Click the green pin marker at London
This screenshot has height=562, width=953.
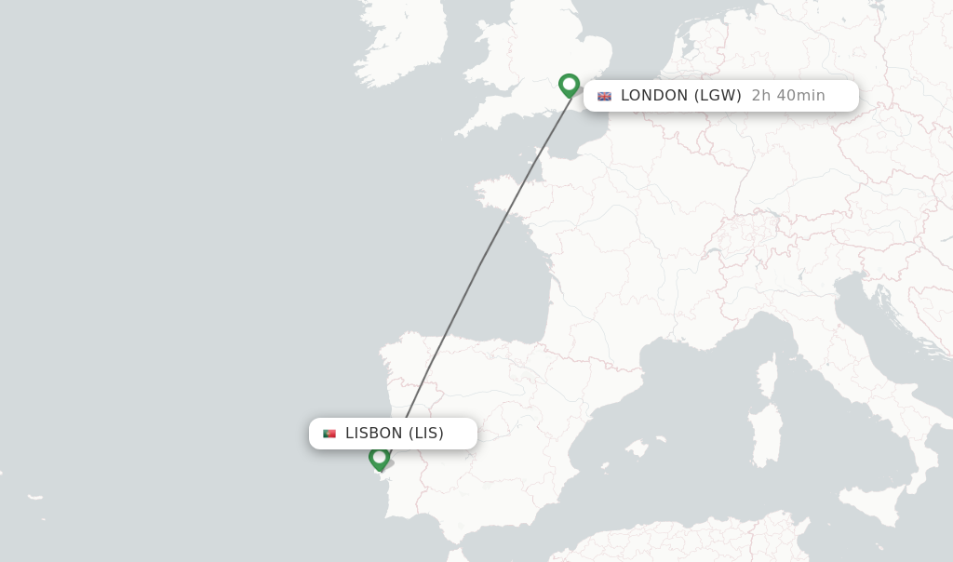click(x=570, y=85)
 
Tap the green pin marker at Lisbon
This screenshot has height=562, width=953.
click(x=379, y=458)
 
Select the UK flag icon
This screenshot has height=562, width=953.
click(x=605, y=96)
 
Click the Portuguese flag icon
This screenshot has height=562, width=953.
click(x=329, y=434)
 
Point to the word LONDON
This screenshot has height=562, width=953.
click(x=654, y=96)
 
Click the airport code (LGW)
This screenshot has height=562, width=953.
click(x=718, y=96)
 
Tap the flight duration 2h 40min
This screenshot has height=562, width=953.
click(x=788, y=96)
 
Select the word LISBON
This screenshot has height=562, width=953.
click(x=373, y=434)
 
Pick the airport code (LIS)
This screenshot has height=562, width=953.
click(x=426, y=434)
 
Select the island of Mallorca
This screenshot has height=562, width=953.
click(x=638, y=448)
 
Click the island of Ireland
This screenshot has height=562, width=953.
click(x=400, y=42)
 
